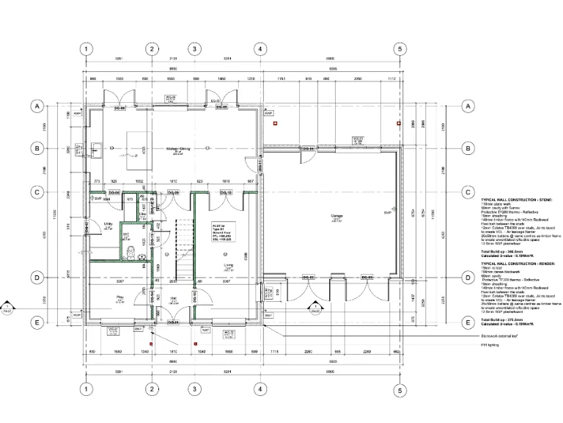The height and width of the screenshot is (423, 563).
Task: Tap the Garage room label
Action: tap(336, 215)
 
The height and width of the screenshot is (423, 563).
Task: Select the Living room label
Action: tap(228, 265)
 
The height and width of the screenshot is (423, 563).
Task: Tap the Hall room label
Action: tap(173, 297)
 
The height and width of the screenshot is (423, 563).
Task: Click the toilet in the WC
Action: tap(130, 252)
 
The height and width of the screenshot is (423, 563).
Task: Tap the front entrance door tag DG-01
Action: tap(173, 322)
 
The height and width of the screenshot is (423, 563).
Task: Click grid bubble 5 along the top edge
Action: tap(400, 49)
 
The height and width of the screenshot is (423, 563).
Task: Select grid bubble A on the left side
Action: tap(35, 106)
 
